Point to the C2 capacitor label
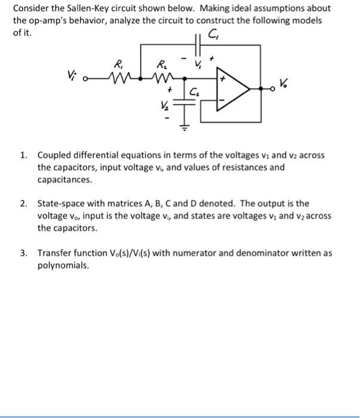click(195, 93)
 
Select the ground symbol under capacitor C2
click(186, 126)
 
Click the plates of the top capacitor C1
click(197, 43)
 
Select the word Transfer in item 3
click(55, 253)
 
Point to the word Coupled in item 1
click(54, 155)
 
